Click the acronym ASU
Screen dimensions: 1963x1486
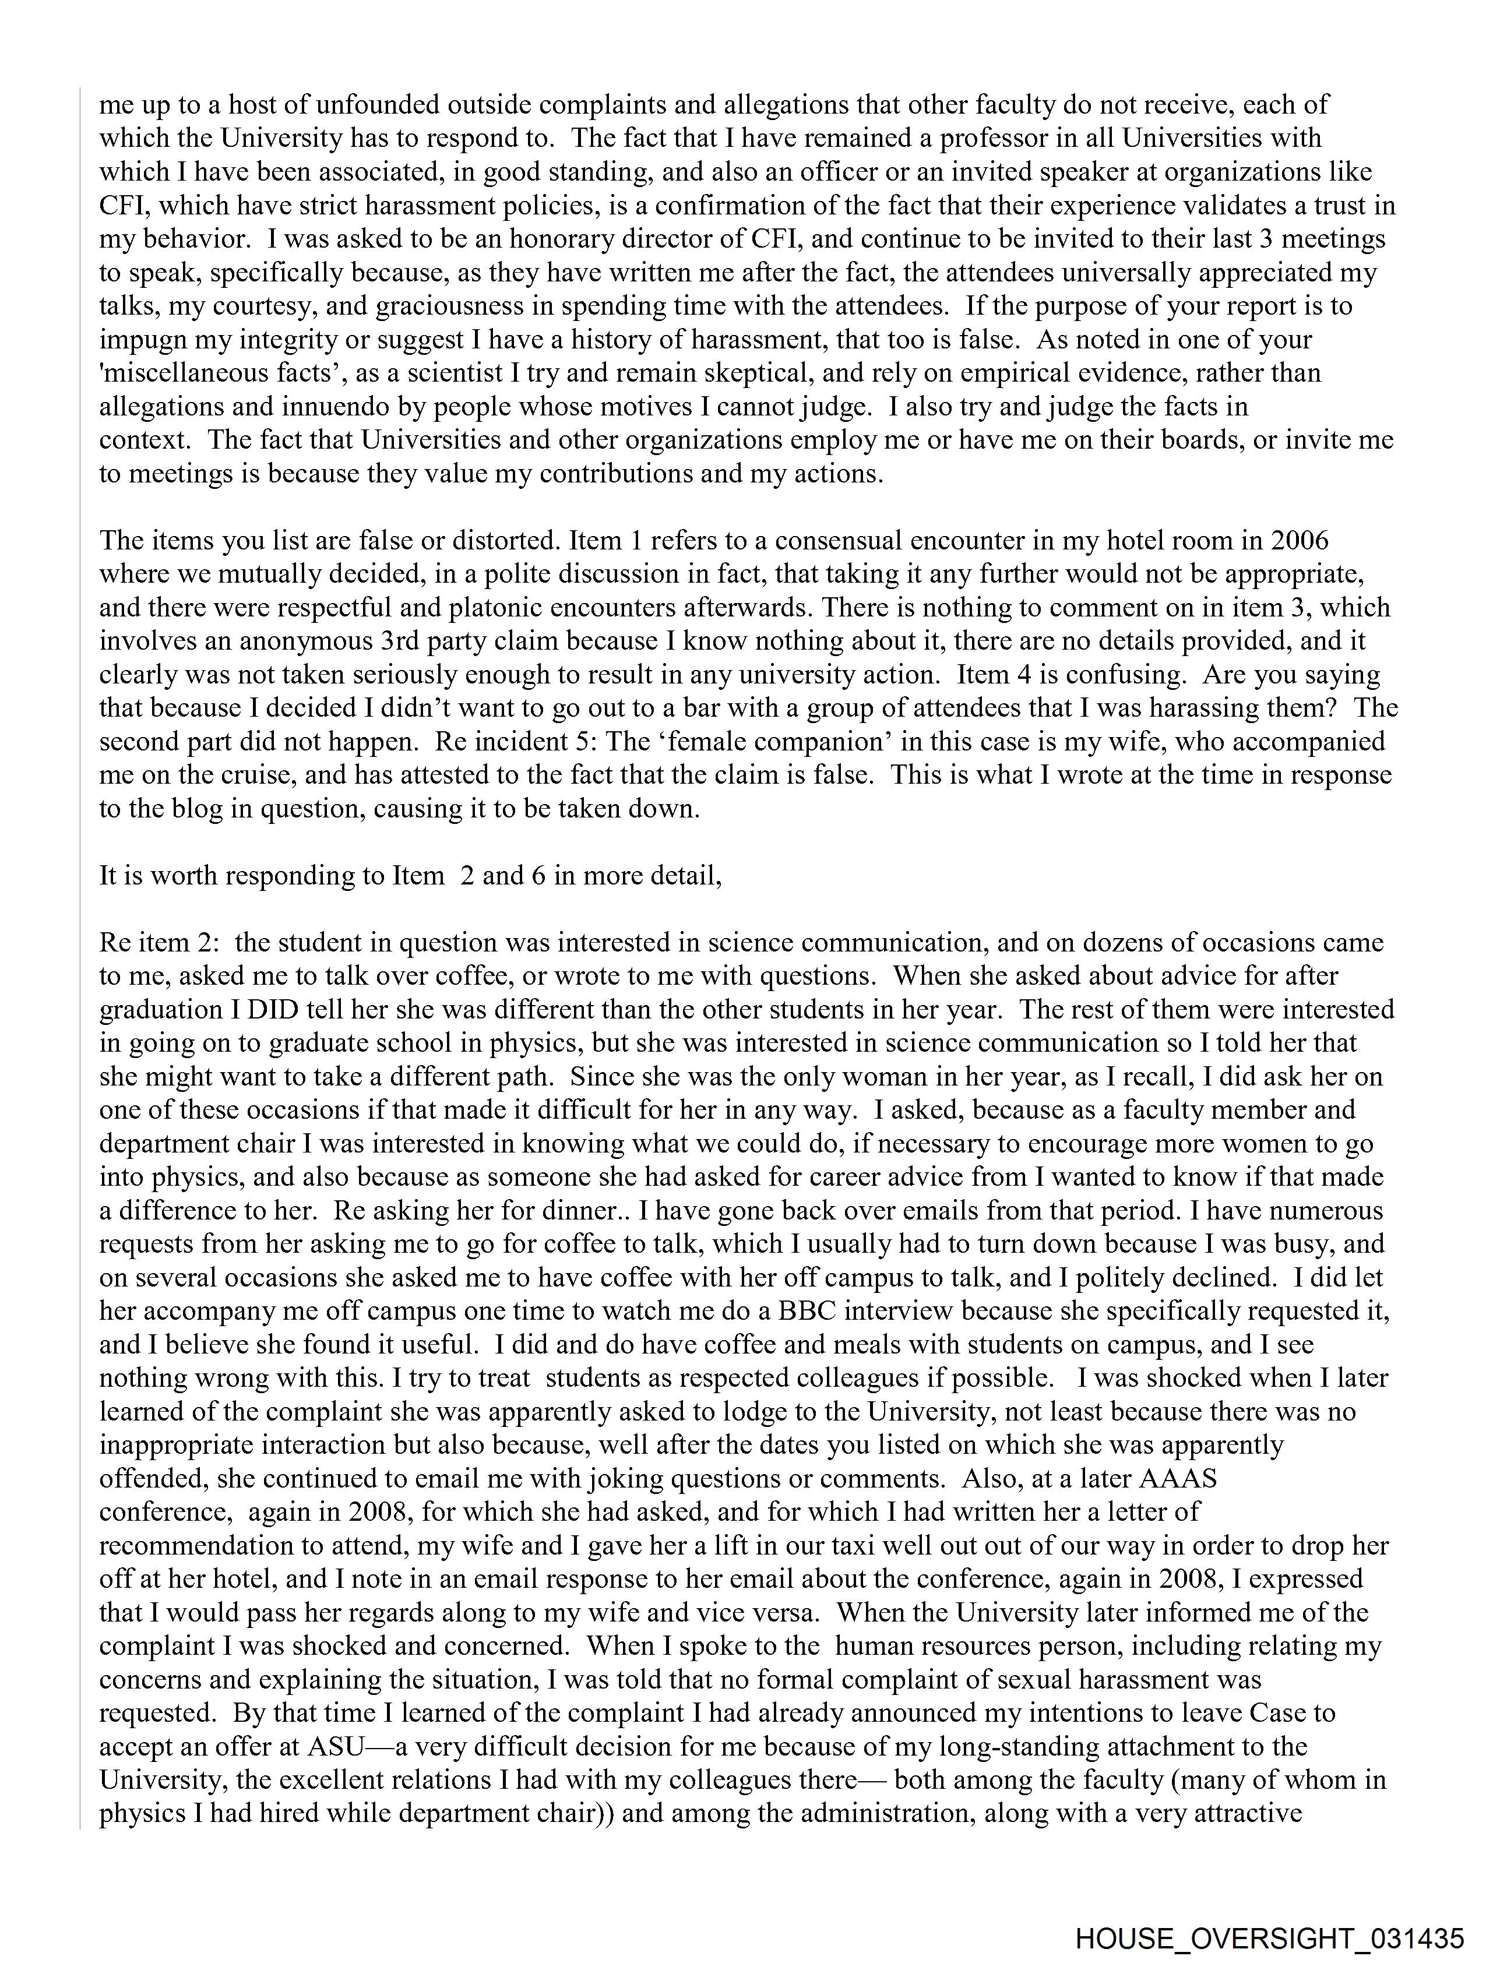coord(336,1746)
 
